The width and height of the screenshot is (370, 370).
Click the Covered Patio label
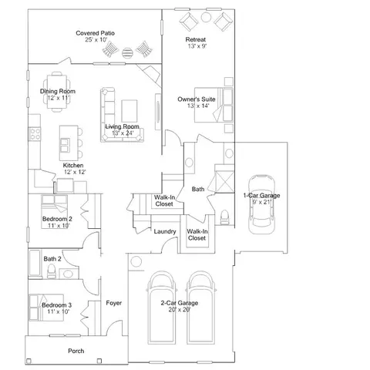pyautogui.click(x=95, y=33)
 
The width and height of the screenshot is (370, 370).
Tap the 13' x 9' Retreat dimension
pyautogui.click(x=197, y=46)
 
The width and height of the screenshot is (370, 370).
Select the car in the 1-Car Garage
pyautogui.click(x=261, y=204)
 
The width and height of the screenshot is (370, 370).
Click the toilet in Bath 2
pyautogui.click(x=52, y=271)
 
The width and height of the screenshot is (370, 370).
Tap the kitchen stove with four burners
pyautogui.click(x=35, y=134)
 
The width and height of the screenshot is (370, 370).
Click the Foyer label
pyautogui.click(x=114, y=303)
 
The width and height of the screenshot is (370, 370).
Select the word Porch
pyautogui.click(x=76, y=351)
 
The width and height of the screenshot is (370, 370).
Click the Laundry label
pyautogui.click(x=165, y=232)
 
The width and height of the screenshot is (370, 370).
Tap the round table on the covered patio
pyautogui.click(x=127, y=52)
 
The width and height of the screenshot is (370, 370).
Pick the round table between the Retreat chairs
pyautogui.click(x=206, y=17)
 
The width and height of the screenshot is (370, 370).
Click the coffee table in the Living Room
pyautogui.click(x=129, y=111)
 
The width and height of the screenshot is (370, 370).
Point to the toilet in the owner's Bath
pyautogui.click(x=225, y=217)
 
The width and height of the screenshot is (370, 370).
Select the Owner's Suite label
pyautogui.click(x=197, y=99)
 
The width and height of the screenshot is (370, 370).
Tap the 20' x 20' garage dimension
pyautogui.click(x=180, y=310)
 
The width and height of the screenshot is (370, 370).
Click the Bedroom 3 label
pyautogui.click(x=57, y=305)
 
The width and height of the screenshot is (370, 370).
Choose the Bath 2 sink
pyautogui.click(x=69, y=274)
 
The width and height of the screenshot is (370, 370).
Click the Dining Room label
pyautogui.click(x=58, y=91)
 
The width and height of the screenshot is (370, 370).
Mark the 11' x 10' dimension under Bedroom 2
pyautogui.click(x=59, y=226)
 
